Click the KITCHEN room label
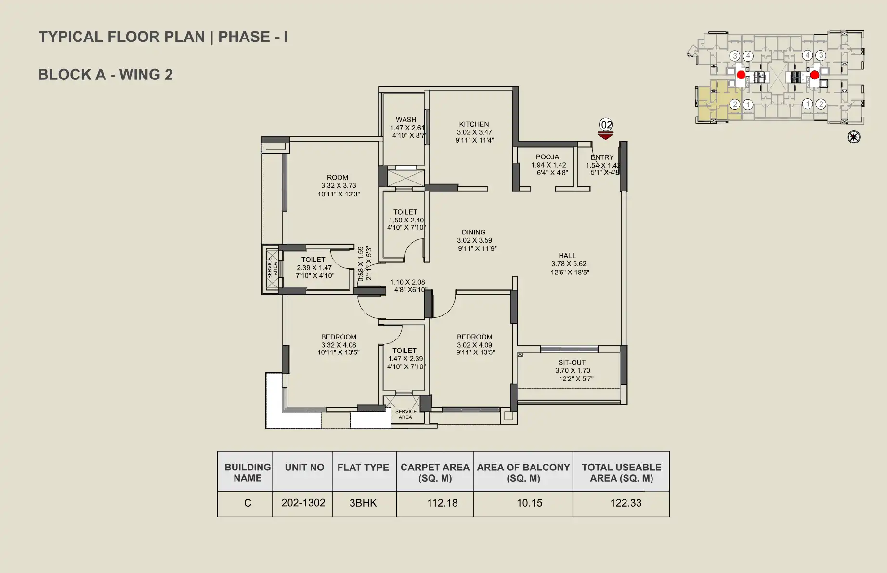point(474,124)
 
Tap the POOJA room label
point(548,157)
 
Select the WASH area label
point(406,119)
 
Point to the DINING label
point(473,232)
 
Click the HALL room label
point(567,256)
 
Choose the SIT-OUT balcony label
point(572,363)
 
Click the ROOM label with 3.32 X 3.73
point(337,178)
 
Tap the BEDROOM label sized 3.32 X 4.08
point(339,337)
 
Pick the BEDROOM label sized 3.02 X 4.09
point(474,337)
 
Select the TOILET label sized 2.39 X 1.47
point(313,260)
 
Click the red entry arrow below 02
point(605,136)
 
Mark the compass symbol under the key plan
point(854,137)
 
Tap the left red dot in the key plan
point(741,75)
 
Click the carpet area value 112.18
point(442,503)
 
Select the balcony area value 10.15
point(529,503)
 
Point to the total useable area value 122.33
point(626,503)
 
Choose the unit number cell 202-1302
point(303,503)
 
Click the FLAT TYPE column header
point(363,468)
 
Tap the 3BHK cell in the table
point(363,503)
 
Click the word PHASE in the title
point(244,37)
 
